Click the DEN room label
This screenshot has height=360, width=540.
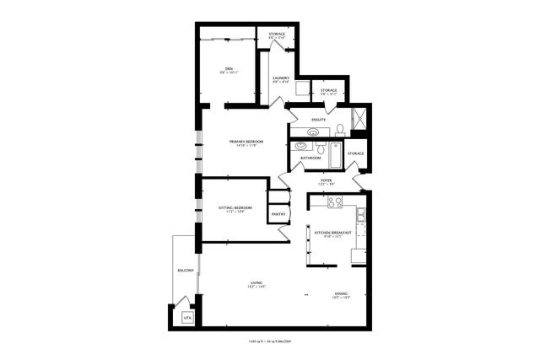[228, 68]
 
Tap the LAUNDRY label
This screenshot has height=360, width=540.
[281, 79]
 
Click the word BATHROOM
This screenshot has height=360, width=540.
[310, 158]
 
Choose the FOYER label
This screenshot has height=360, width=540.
[326, 180]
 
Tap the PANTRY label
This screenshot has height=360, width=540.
[278, 213]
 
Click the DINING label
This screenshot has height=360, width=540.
[341, 293]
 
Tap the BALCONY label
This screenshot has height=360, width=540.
[186, 270]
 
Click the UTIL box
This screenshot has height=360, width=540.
[188, 318]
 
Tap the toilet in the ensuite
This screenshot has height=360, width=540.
[338, 129]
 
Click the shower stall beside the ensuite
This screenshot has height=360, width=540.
[358, 119]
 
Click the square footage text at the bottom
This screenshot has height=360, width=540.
[269, 341]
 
